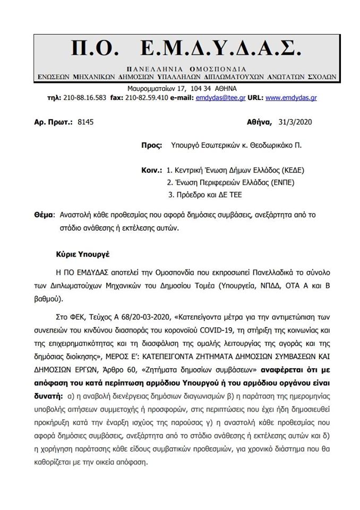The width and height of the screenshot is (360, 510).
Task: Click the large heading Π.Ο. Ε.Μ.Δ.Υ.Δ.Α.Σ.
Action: (186, 49)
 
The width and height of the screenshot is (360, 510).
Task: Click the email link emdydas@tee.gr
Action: (221, 98)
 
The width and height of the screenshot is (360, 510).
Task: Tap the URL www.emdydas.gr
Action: (291, 98)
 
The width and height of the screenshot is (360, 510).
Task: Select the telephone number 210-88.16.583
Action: (85, 98)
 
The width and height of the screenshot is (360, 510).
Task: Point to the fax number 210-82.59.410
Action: (147, 98)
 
